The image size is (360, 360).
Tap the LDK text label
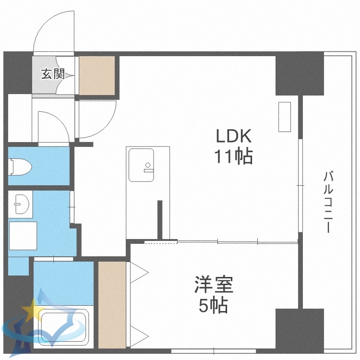(x=233, y=137)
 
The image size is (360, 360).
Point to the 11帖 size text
(x=233, y=156)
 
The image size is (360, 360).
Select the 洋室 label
(x=214, y=285)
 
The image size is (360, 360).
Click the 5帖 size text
(x=214, y=305)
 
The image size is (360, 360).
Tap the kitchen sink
(x=141, y=165)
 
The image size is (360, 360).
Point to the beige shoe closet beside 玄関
(x=97, y=75)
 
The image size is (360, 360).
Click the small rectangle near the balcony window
(x=285, y=117)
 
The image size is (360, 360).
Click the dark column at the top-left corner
(x=18, y=72)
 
